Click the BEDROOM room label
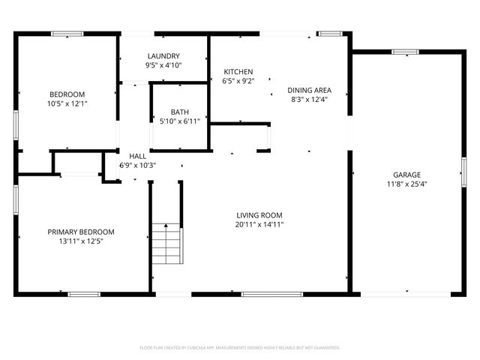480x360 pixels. click(67, 94)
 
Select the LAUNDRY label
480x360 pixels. click(163, 56)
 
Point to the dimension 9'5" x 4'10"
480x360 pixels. click(163, 65)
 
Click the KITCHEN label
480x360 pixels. click(238, 72)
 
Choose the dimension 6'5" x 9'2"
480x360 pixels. click(238, 81)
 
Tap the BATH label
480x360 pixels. click(179, 111)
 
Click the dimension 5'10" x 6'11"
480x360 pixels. click(179, 121)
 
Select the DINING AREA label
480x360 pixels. click(310, 90)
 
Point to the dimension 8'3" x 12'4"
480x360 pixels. click(310, 99)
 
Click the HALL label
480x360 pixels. click(137, 156)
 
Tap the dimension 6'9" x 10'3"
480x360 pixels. click(137, 165)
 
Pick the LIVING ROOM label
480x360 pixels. click(259, 214)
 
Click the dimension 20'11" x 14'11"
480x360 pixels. click(259, 224)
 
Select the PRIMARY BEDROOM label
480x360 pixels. click(81, 232)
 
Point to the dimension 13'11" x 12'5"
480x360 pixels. click(81, 241)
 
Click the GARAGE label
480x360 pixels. click(406, 174)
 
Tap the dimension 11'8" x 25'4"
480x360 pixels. click(406, 184)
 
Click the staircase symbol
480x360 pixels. click(166, 244)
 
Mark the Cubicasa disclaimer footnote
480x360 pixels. click(240, 348)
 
